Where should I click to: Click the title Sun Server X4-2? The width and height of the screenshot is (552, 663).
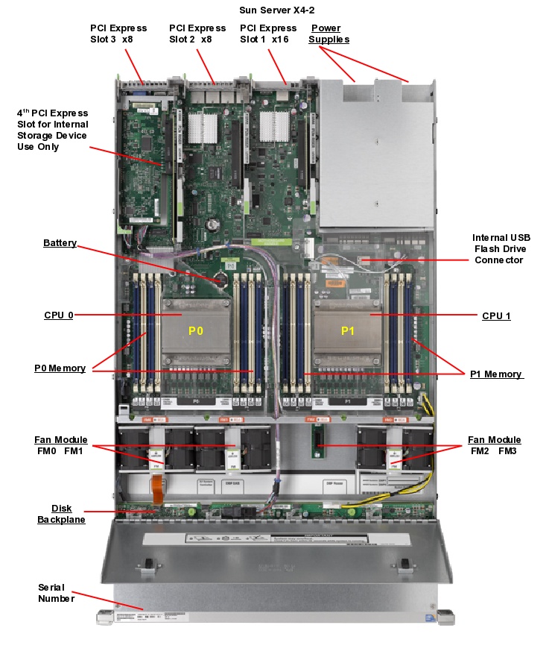276,10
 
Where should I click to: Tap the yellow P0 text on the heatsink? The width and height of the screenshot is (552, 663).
195,331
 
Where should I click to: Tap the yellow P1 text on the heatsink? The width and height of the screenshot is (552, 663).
348,331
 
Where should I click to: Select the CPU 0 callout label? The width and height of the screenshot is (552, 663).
59,315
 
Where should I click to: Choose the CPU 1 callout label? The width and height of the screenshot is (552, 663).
496,316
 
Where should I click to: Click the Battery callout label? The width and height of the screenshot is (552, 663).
60,243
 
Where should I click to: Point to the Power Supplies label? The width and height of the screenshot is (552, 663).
329,34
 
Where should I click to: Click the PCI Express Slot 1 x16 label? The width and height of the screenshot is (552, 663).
268,34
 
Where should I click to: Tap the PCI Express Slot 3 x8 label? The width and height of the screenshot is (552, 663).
118,34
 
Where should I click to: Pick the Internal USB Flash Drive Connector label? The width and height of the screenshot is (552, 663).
501,248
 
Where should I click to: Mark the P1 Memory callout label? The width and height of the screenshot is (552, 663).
496,374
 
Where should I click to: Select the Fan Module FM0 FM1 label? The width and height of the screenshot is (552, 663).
60,445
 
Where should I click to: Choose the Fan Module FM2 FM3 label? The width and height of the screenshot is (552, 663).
494,445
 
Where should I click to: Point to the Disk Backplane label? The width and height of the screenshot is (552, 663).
61,514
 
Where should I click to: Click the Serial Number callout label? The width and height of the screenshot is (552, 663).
56,593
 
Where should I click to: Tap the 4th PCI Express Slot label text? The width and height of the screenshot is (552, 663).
52,130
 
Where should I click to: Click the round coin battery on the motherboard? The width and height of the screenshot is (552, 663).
221,277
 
